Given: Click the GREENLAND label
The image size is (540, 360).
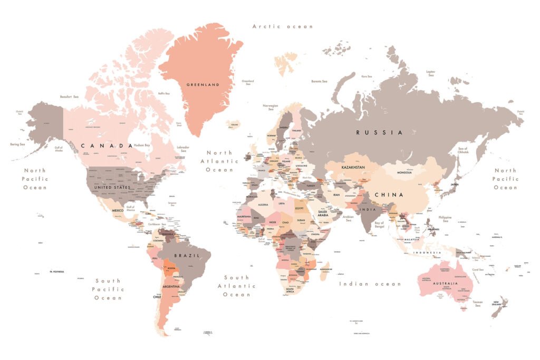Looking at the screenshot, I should tap(203, 84).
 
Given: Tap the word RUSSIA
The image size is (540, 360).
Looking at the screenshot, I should tap(379, 132).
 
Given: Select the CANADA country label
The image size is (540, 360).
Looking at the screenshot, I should tap(107, 145).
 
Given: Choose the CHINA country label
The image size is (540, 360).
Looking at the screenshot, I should tap(389, 194).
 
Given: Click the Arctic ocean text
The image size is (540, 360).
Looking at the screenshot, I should tap(283, 26).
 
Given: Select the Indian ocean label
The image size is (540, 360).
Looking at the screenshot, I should tap(370, 284).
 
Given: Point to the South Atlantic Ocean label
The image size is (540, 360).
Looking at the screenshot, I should tap(237, 286).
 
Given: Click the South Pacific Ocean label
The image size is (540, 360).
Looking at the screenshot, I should tap(108, 289).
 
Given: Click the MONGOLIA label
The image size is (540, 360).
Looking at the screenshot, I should tap(404, 172).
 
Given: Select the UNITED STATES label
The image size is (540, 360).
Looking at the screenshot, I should tap(112, 187).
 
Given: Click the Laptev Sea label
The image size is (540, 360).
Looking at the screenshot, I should tap(431, 73).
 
